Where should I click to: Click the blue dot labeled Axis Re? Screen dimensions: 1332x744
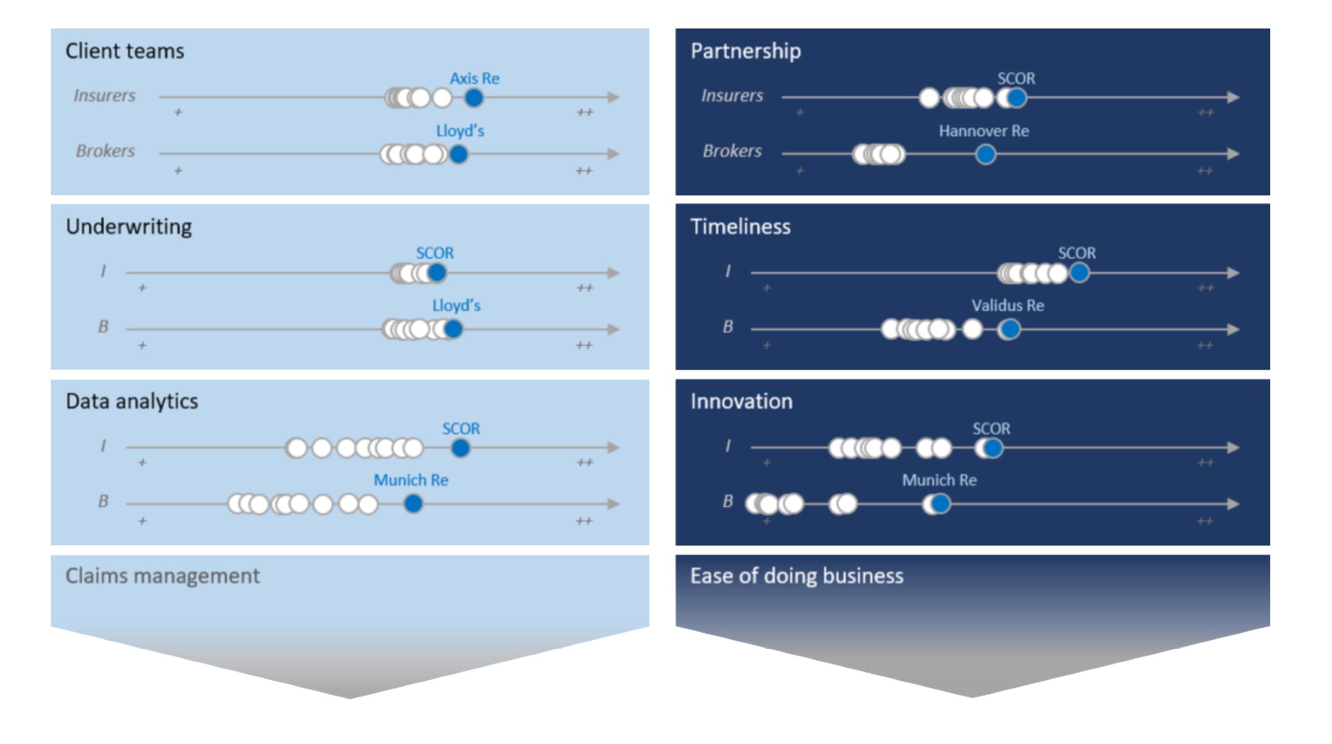point(474,98)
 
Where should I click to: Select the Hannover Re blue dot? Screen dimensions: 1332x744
point(986,154)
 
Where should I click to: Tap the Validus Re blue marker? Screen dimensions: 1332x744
point(1009,330)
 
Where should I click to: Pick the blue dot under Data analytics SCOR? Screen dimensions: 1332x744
point(461,448)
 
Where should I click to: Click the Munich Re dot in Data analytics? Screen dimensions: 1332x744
point(413,503)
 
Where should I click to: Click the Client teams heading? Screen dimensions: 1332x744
point(125,51)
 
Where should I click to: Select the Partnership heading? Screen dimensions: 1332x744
point(746,51)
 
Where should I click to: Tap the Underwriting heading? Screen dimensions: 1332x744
point(129,227)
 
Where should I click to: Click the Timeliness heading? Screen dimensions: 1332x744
point(740,227)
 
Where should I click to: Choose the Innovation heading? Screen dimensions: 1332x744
point(741,401)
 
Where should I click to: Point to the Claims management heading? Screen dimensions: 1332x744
point(162,576)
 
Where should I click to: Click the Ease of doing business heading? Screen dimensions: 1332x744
point(797,576)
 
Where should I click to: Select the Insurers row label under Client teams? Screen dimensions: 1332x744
point(104,95)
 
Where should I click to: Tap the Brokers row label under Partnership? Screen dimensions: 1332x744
point(732,151)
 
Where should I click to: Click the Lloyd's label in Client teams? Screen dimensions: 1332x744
point(460,131)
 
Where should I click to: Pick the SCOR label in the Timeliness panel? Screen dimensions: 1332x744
point(1077,253)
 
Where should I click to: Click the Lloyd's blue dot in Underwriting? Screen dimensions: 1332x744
point(453,329)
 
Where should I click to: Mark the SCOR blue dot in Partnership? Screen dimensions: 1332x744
point(1017,98)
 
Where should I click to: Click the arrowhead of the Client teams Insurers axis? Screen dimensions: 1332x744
point(614,97)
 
